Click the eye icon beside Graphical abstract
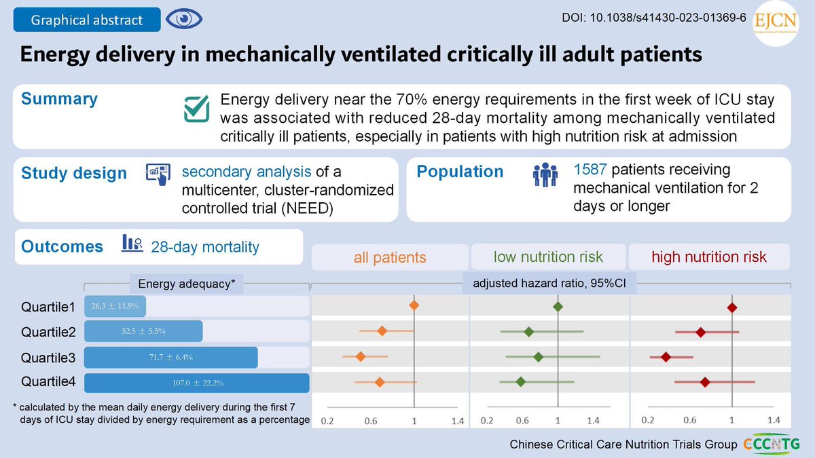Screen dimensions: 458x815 click(x=180, y=19)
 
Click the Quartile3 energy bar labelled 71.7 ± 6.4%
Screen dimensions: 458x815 click(x=170, y=357)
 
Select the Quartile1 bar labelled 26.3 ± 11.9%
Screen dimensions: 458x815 click(x=115, y=306)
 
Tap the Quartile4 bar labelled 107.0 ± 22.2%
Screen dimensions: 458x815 click(x=196, y=383)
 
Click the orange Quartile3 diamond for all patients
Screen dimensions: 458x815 click(x=361, y=356)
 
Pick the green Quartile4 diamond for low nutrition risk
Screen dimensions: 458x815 click(x=521, y=382)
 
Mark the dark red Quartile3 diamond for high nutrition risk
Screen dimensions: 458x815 click(x=666, y=357)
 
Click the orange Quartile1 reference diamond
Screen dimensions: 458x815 click(x=414, y=307)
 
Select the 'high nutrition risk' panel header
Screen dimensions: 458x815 click(x=709, y=257)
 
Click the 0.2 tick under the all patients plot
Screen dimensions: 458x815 click(x=327, y=421)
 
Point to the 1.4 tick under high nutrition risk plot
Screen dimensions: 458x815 click(x=774, y=420)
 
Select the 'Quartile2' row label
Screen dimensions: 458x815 click(x=48, y=332)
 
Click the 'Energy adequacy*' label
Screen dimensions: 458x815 click(x=186, y=284)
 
